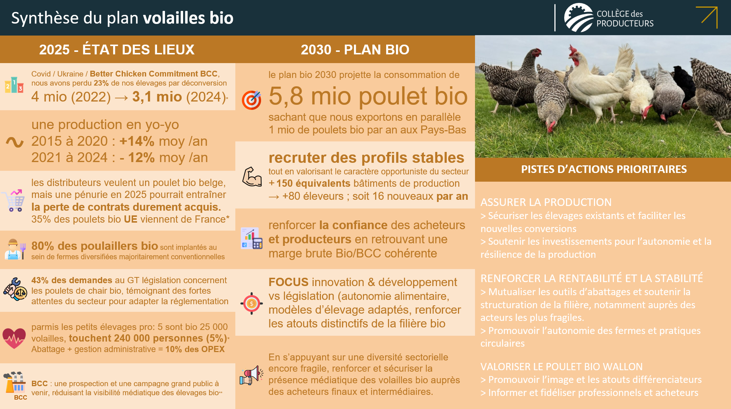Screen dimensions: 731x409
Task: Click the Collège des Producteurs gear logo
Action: [x=579, y=18]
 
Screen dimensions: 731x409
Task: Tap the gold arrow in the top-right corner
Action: [x=707, y=17]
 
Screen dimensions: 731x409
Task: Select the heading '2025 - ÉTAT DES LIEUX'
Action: [x=117, y=50]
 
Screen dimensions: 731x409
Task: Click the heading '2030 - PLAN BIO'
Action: [x=355, y=50]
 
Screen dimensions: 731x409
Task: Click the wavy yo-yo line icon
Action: [x=15, y=142]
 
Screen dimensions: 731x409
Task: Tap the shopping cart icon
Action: [x=14, y=200]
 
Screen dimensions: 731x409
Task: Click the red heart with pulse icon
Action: [x=14, y=338]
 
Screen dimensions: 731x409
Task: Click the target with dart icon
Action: [x=251, y=100]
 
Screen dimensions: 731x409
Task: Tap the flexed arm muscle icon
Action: [x=252, y=177]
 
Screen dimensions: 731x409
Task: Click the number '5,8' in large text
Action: [x=286, y=96]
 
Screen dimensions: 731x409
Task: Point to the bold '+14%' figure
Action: [x=137, y=141]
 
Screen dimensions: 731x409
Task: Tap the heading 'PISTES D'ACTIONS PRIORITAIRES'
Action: [x=604, y=169]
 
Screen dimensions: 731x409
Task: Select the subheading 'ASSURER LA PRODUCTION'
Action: [x=546, y=202]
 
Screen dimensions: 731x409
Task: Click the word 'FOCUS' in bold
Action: [x=288, y=282]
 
